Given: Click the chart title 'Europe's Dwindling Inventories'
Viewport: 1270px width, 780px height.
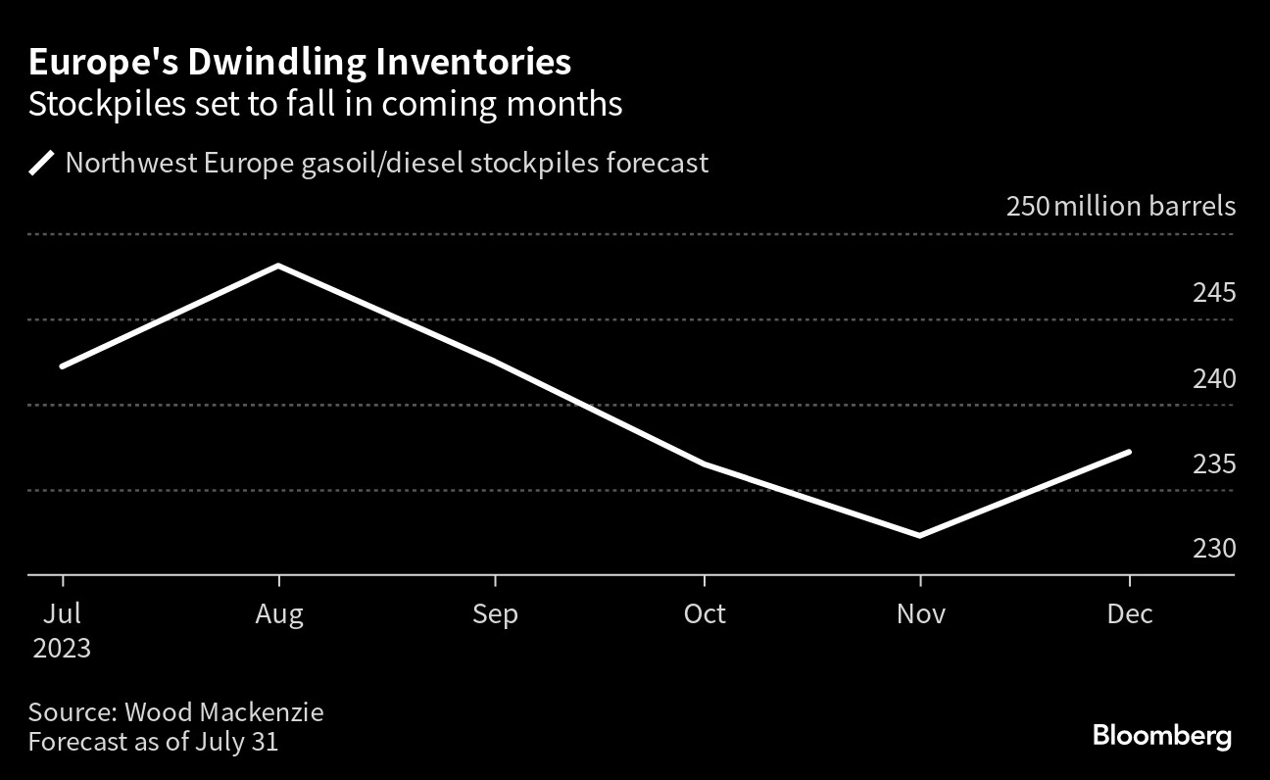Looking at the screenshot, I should tap(300, 63).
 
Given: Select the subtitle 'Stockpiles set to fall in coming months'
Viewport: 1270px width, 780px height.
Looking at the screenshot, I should tap(325, 104).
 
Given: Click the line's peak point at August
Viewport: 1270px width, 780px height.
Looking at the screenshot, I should tap(279, 266).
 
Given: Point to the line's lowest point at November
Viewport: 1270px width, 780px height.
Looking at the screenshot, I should tap(919, 535).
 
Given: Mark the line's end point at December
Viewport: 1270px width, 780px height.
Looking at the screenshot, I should tap(1130, 452).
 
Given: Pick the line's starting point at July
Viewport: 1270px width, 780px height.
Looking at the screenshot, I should tap(63, 366).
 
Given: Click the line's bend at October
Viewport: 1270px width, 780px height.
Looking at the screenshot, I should tap(705, 463).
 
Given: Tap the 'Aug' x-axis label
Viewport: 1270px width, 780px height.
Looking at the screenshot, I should tap(279, 614).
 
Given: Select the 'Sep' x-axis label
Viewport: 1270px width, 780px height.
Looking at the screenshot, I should tap(495, 614).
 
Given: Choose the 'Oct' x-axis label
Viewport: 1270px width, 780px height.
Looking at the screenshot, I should tap(705, 614).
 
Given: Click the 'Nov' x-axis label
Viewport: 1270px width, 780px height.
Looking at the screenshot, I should tap(920, 614).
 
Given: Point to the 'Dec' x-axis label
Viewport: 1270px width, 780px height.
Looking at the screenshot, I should tap(1130, 614).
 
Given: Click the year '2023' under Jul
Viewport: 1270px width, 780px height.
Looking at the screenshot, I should tap(61, 649).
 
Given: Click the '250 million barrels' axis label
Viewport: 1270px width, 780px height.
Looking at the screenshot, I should tap(1120, 208).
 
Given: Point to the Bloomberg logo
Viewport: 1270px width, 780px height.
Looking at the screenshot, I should tap(1161, 736).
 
